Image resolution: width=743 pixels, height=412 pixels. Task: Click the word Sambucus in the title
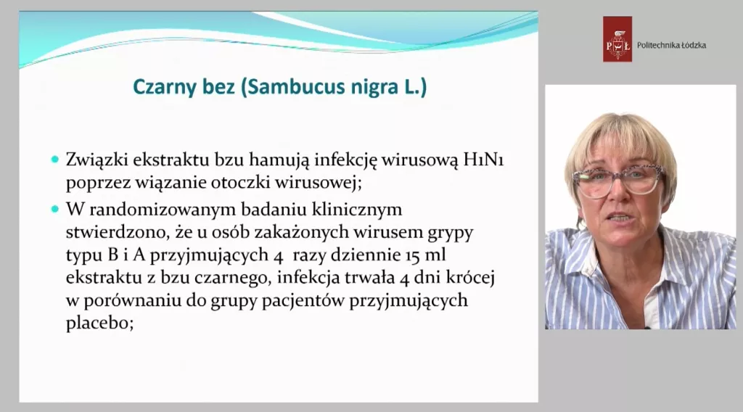tap(292, 87)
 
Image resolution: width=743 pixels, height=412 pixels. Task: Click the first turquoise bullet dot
tap(55, 160)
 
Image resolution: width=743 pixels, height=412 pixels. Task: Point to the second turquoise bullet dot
tap(55, 209)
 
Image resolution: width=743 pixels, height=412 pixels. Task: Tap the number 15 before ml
tap(412, 256)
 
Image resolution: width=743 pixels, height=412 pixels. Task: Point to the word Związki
tap(97, 160)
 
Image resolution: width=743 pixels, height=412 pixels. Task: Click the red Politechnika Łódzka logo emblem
tap(617, 39)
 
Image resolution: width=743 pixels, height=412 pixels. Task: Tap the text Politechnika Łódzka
tap(671, 46)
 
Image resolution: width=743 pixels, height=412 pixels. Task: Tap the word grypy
tap(451, 233)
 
